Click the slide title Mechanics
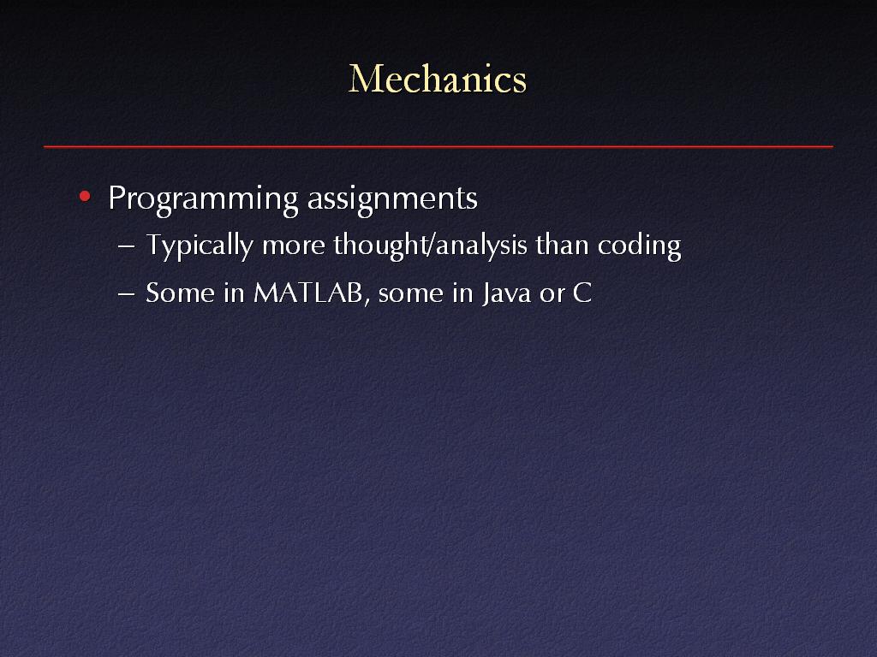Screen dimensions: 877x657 click(x=438, y=79)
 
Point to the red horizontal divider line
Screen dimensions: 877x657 click(x=438, y=146)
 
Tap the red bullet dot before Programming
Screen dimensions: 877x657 click(x=85, y=196)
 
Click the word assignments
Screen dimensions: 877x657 click(x=392, y=199)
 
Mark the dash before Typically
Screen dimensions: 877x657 click(x=127, y=246)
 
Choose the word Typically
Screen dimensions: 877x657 click(x=200, y=246)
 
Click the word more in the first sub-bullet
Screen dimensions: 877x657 click(x=294, y=247)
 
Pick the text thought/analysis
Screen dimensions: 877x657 click(x=431, y=246)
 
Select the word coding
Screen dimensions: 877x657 click(x=639, y=246)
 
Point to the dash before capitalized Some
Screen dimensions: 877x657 click(x=127, y=294)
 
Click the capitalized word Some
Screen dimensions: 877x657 click(x=180, y=293)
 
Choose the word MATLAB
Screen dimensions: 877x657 click(x=308, y=293)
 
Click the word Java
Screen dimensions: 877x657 click(x=507, y=293)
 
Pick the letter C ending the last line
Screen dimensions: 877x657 click(x=582, y=293)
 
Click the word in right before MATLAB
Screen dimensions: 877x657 click(x=234, y=293)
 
